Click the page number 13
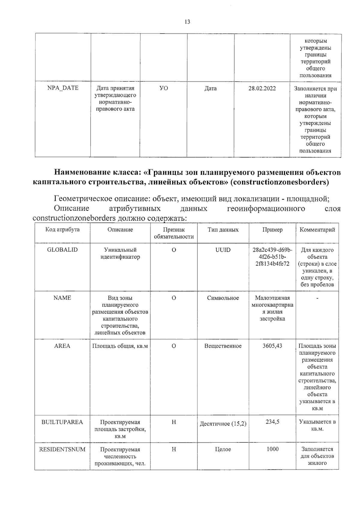point(187,22)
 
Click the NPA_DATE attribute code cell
point(63,88)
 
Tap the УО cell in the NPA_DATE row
point(163,88)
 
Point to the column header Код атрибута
point(62,230)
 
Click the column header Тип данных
point(223,230)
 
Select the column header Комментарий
point(317,230)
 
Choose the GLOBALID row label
point(62,250)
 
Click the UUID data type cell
point(223,250)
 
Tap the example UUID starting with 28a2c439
point(272,257)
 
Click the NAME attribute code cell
point(62,298)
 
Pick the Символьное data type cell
point(223,298)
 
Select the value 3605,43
point(272,346)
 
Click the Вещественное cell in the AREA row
point(223,346)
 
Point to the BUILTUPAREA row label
point(62,422)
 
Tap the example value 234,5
point(272,422)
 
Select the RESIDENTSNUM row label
point(62,449)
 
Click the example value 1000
point(272,449)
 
